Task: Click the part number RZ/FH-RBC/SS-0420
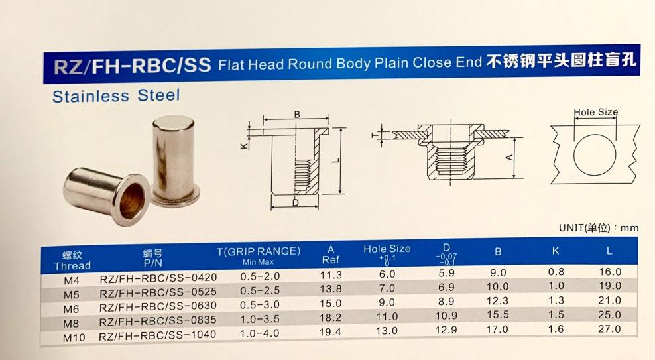[158, 278]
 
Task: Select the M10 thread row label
[74, 337]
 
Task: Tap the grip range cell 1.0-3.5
[259, 319]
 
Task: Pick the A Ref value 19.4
[330, 332]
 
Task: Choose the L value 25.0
[609, 314]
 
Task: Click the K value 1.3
[556, 300]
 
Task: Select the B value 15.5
[497, 315]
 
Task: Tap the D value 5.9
[446, 273]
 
